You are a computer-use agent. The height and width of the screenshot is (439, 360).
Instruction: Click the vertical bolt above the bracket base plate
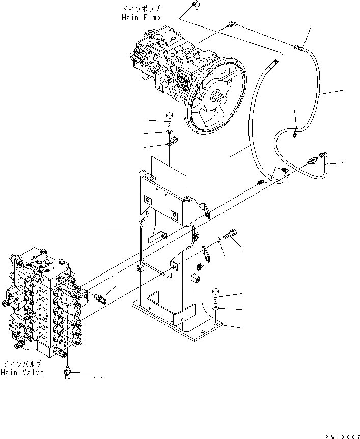coord(216,295)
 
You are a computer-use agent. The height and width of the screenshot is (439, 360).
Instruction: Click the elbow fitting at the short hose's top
coord(322,155)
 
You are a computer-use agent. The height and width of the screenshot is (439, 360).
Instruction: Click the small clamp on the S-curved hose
coord(294,134)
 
